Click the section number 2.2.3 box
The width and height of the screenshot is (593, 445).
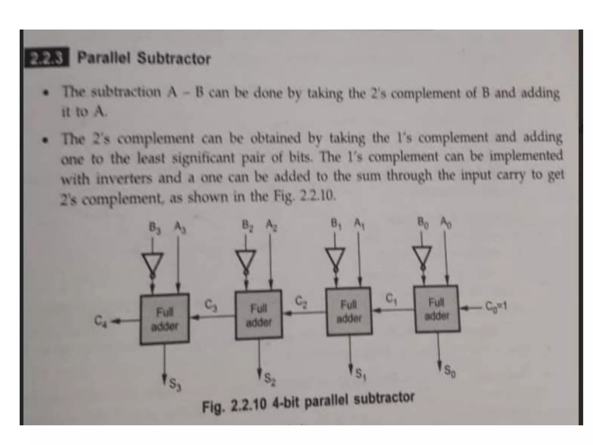47,57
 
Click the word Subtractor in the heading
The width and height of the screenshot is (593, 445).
174,59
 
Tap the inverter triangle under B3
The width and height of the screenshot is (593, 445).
152,262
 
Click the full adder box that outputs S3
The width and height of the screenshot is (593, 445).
164,319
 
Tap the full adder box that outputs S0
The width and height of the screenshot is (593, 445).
437,309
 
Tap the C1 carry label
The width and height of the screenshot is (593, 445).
391,298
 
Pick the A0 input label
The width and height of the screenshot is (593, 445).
446,222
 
